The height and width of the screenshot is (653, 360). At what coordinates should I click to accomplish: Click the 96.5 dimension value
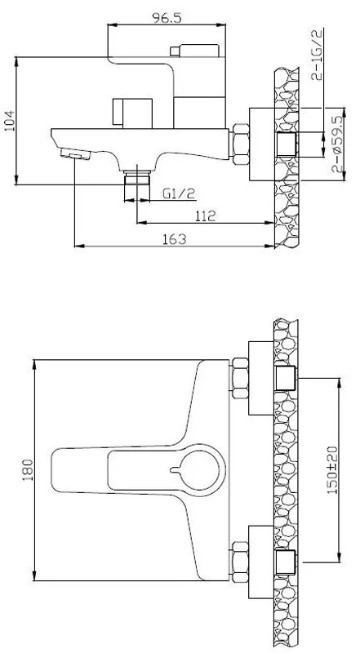click(167, 18)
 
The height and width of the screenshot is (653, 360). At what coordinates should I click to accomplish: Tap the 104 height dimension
click(9, 120)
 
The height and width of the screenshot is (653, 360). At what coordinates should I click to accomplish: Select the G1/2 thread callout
click(179, 193)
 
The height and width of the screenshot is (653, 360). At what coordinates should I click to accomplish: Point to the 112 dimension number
click(205, 215)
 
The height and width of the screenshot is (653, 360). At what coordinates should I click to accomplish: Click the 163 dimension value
click(174, 239)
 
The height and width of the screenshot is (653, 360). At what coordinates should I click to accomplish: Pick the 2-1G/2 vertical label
click(317, 54)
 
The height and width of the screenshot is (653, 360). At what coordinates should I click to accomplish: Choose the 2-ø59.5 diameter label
click(337, 144)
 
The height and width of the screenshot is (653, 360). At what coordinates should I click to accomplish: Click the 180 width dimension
click(28, 470)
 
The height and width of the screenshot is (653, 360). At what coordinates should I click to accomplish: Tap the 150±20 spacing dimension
click(332, 469)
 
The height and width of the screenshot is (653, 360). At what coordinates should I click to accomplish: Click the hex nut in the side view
click(241, 144)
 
